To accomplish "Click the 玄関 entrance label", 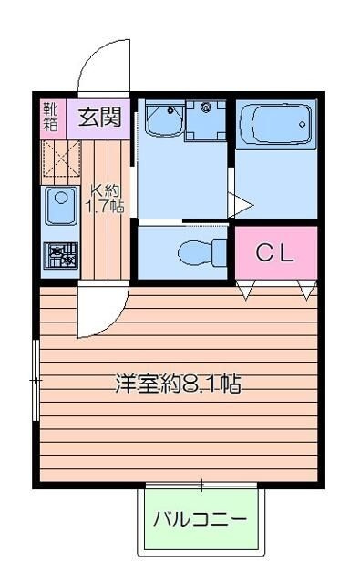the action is point(100,118).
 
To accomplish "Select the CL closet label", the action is point(275,253).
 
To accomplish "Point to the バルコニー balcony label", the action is point(201,519).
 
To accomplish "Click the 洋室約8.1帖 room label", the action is point(178,384).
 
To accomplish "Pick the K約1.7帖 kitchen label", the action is point(105,199).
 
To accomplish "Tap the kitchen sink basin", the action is point(61,206).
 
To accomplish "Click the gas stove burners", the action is point(61,255).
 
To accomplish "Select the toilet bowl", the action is point(195,253).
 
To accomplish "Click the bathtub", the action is point(275,124).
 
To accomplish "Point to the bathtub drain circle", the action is point(303,125).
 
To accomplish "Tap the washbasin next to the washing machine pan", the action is point(165,119).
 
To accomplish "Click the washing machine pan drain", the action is point(206,107).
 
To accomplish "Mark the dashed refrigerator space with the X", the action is point(61,158).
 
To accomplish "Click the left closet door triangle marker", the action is point(246,291).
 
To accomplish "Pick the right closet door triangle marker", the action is point(307,291).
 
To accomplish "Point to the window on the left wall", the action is point(36,380).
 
